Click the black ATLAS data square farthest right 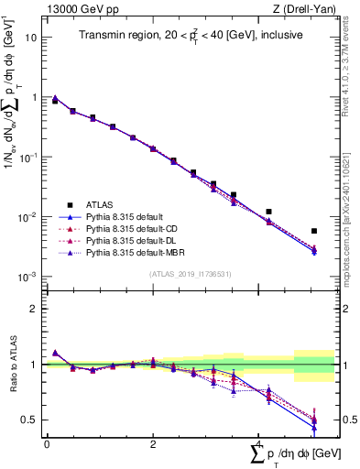pos(314,231)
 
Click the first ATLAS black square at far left pos(55,101)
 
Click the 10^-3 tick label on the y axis pos(28,277)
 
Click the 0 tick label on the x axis pos(47,443)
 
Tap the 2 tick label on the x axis pos(153,443)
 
